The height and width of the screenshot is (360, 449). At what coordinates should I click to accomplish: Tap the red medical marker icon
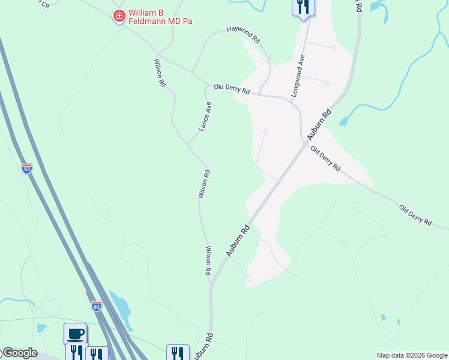[x=119, y=16]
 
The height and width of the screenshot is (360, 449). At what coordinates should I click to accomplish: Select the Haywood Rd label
[x=243, y=34]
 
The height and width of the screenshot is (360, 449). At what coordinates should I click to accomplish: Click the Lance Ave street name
[x=205, y=116]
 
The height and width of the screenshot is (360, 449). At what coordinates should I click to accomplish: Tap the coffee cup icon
[x=76, y=333]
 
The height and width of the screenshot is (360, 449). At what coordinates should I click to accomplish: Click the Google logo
[x=19, y=353]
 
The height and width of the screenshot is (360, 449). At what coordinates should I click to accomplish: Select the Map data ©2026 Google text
[x=412, y=355]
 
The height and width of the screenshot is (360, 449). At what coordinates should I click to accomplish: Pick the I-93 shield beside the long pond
[x=96, y=306]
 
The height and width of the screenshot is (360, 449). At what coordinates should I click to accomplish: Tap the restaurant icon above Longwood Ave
[x=303, y=7]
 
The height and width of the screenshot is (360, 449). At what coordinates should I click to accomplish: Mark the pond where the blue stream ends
[x=344, y=121]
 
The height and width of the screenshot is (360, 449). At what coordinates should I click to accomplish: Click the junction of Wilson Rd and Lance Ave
[x=188, y=144]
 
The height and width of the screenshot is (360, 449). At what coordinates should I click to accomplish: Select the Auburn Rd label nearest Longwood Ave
[x=319, y=126]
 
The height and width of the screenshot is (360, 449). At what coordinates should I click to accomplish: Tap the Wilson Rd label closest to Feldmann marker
[x=160, y=73]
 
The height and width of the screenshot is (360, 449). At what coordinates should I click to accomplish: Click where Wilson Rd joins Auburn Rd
[x=211, y=283]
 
